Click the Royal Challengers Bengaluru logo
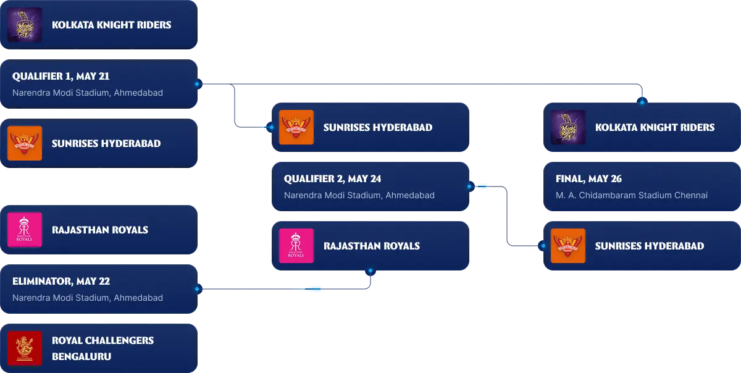pos(25,348)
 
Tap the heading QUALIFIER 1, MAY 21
pos(61,77)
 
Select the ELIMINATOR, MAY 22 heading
pos(61,282)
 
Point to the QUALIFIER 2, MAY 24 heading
pos(332,179)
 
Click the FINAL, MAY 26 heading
pos(588,179)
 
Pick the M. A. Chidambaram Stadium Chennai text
pos(631,195)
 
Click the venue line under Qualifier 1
pos(88,93)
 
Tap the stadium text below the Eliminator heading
pos(88,298)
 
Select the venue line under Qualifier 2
pos(359,195)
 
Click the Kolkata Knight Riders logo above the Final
pos(568,127)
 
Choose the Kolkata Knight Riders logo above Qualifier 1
pos(25,25)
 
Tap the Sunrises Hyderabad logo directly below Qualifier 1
pos(25,143)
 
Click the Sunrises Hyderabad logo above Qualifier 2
pos(296,127)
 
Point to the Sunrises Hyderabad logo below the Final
pos(568,246)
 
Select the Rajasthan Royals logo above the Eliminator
pos(25,230)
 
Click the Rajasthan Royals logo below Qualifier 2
pos(296,246)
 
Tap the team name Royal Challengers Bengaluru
pos(103,348)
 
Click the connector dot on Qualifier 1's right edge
pos(198,84)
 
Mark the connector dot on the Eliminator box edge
pos(198,289)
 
